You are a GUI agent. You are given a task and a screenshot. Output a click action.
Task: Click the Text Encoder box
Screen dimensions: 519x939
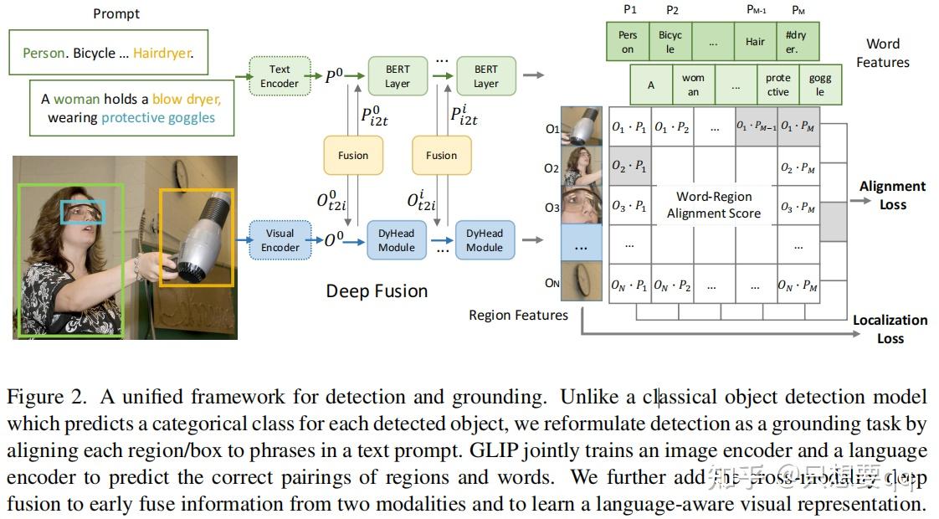[280, 76]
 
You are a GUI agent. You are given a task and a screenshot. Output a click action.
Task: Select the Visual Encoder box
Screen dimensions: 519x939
[280, 240]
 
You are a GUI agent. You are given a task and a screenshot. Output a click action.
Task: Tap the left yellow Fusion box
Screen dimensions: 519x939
[352, 155]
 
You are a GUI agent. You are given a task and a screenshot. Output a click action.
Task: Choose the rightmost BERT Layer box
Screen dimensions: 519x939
[485, 76]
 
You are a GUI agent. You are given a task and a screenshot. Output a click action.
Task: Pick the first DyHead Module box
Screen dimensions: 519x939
[397, 240]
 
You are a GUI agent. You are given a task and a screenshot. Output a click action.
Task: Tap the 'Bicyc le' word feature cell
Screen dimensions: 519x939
[670, 42]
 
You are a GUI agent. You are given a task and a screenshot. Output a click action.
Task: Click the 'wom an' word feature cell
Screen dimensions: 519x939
[693, 85]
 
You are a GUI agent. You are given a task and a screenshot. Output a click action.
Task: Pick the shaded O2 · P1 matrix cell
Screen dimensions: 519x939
[629, 166]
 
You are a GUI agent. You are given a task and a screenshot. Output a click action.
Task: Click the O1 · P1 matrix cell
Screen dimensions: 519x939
[629, 127]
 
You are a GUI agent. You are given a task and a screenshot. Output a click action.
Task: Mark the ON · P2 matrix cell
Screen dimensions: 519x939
[672, 285]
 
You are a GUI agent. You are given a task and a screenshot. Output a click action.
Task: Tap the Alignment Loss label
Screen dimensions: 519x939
[892, 195]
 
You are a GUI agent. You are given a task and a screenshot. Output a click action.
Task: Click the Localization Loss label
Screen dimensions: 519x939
[890, 329]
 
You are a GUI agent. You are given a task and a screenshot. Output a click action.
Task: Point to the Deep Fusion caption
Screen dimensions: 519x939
[377, 291]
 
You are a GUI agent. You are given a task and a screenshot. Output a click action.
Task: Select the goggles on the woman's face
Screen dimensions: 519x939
[83, 213]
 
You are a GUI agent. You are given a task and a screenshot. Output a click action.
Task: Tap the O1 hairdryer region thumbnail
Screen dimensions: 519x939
[581, 127]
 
